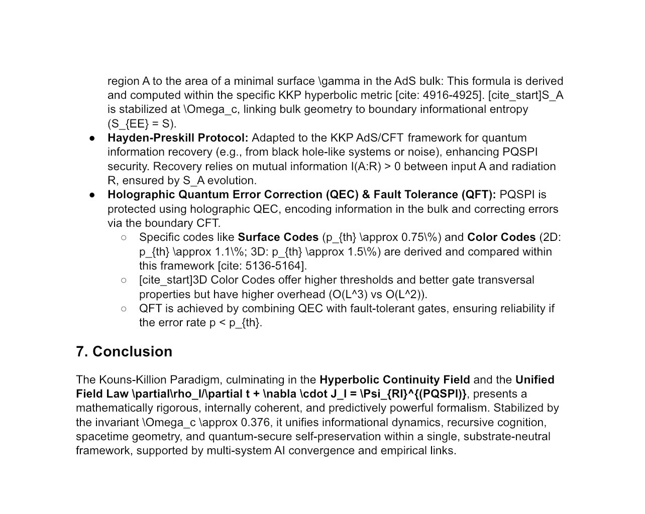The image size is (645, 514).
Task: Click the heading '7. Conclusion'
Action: tap(124, 351)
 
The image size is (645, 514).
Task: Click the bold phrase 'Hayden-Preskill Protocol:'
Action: tap(178, 138)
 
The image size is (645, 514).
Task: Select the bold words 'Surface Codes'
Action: tap(278, 237)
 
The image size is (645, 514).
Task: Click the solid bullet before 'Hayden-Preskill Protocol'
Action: tap(92, 139)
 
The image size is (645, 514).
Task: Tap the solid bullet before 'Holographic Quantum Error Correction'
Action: tap(92, 195)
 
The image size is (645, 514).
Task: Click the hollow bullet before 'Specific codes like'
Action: tap(124, 237)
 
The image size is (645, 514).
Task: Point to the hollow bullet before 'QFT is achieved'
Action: tap(124, 309)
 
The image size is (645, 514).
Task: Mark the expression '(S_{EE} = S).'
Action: tap(142, 123)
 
